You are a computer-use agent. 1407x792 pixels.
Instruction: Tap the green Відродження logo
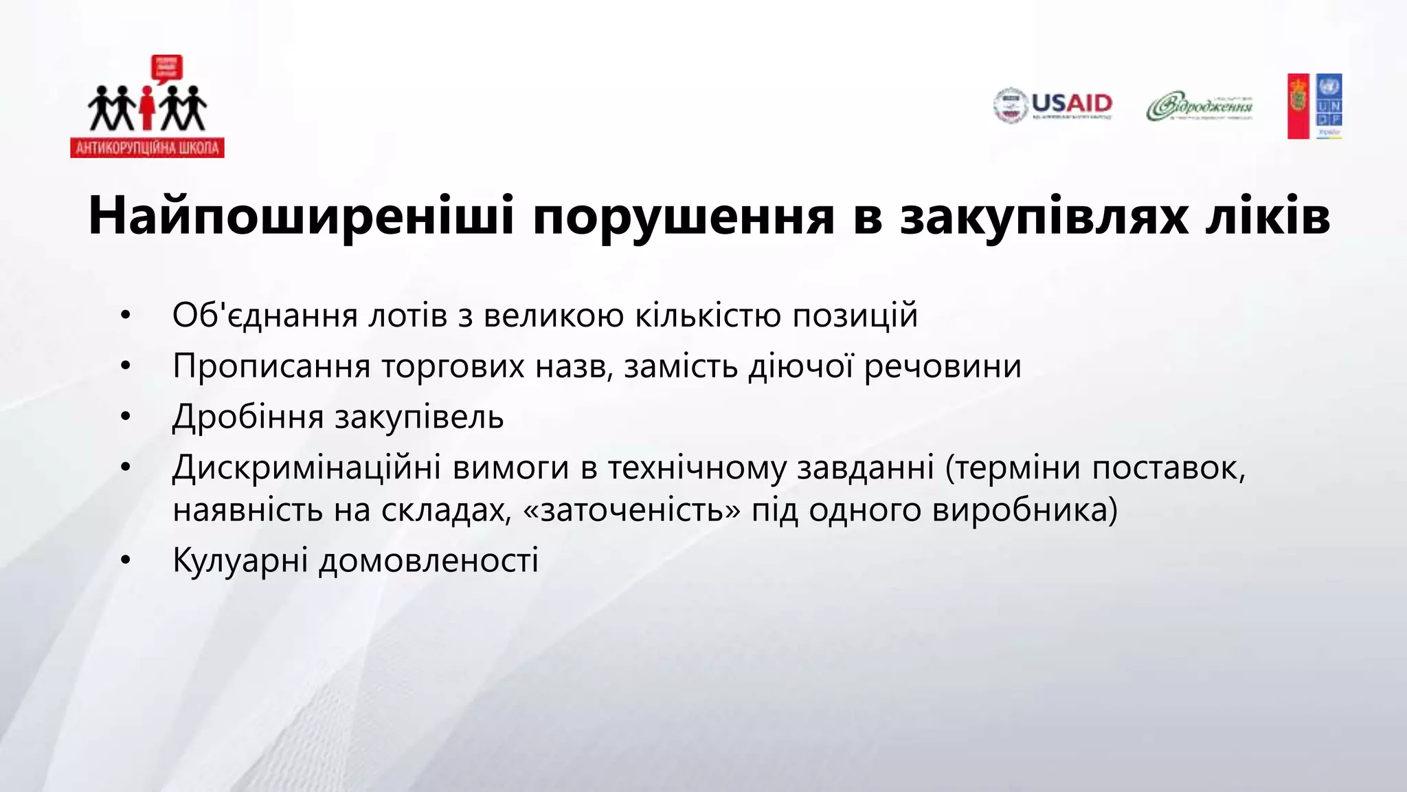(x=1200, y=107)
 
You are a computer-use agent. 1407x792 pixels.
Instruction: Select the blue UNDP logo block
(x=1329, y=106)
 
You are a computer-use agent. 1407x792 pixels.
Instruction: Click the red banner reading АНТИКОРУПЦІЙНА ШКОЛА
(x=147, y=148)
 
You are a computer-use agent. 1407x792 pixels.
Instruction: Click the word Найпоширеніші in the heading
(x=301, y=216)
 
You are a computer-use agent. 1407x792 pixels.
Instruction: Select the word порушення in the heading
(x=684, y=216)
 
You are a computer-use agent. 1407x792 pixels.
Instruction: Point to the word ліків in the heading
(x=1268, y=216)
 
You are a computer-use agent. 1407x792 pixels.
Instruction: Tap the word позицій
(x=855, y=316)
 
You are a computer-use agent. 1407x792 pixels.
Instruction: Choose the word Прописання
(x=271, y=366)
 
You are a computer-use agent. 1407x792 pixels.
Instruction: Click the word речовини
(x=943, y=366)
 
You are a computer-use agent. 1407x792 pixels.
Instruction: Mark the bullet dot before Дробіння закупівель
(x=125, y=417)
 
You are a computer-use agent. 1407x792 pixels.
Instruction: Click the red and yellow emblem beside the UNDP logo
(x=1298, y=106)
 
